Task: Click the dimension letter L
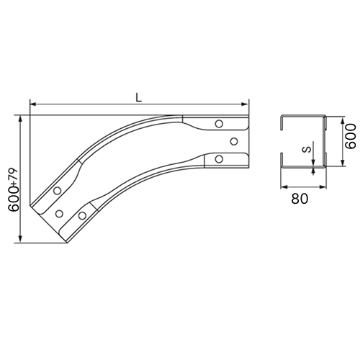[138, 97]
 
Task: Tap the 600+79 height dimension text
[14, 190]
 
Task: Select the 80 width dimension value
[300, 199]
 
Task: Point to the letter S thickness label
[306, 150]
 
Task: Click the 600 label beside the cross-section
[351, 136]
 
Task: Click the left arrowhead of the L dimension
[32, 104]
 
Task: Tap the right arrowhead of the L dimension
[245, 104]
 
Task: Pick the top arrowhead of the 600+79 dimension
[21, 119]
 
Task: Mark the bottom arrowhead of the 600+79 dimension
[21, 239]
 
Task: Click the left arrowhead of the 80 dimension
[284, 186]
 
